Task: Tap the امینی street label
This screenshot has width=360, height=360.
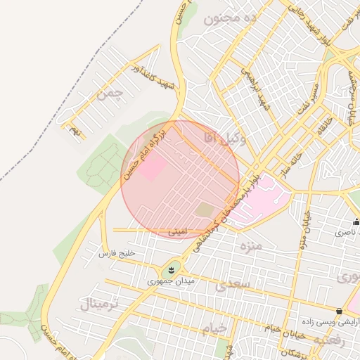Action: point(178,230)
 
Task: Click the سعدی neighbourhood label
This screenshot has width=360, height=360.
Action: point(232,284)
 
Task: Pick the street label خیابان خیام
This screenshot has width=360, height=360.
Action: point(283,328)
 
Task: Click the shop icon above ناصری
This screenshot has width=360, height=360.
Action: point(356,222)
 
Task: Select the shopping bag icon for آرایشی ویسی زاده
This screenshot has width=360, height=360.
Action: point(340,311)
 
